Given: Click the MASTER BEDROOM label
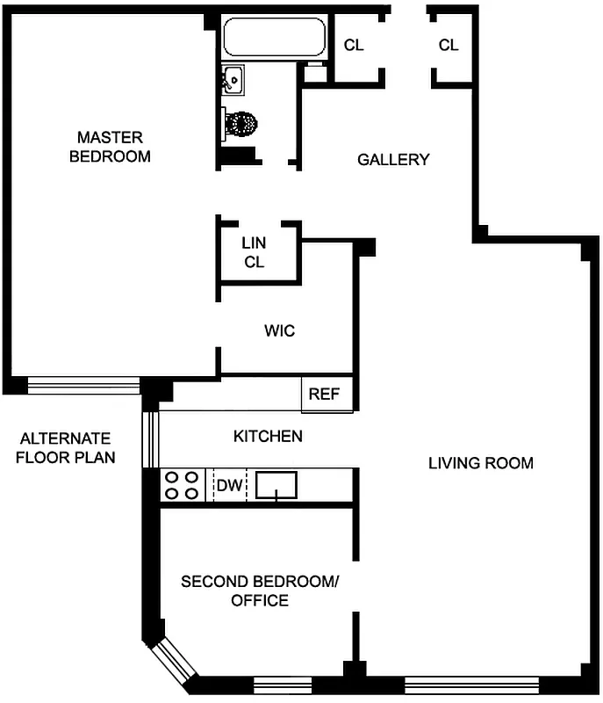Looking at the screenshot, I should [x=110, y=147].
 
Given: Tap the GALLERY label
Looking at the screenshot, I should [x=393, y=159].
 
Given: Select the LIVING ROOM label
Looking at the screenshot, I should [x=480, y=463].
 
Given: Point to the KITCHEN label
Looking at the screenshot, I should [x=268, y=436].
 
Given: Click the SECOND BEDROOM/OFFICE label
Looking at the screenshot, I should [x=259, y=591].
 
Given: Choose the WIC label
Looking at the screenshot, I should [x=279, y=331].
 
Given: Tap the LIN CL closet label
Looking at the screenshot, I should [x=255, y=252].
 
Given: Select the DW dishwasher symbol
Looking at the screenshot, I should [x=228, y=485].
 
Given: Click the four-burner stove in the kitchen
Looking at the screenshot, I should [x=182, y=485].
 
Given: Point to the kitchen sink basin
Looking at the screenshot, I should [x=276, y=484].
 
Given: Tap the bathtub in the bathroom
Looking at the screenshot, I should [x=273, y=38].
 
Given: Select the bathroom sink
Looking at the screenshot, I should [x=233, y=82].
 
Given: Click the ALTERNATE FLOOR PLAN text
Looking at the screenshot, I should [x=66, y=447].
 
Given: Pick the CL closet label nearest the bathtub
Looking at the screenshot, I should [x=354, y=46].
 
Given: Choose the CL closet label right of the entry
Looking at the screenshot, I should [x=449, y=46].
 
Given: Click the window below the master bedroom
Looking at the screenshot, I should [x=83, y=384].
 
